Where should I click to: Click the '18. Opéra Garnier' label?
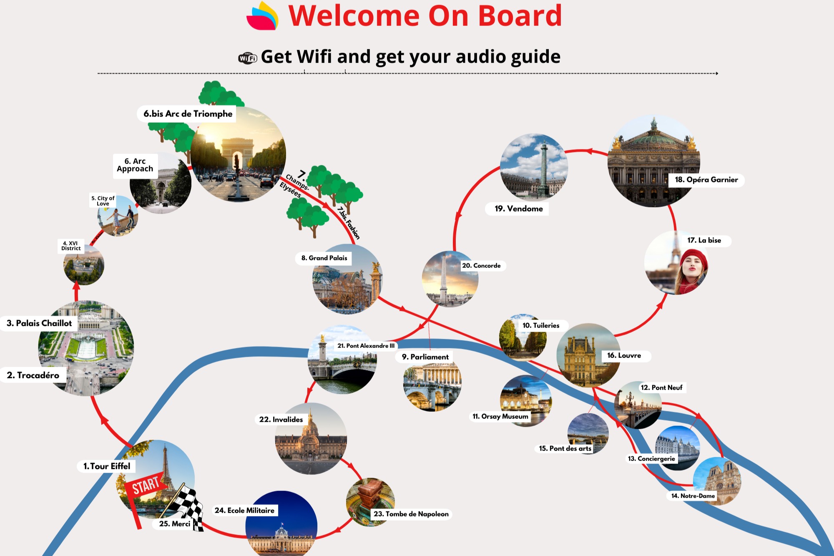[x=706, y=180]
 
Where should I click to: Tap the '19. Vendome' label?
[x=518, y=209]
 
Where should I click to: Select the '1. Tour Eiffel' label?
[x=106, y=466]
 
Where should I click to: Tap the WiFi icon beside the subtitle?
[x=247, y=58]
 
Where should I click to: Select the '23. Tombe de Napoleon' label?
[x=411, y=514]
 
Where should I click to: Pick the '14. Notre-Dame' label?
[x=693, y=496]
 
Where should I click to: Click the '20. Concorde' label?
[x=481, y=266]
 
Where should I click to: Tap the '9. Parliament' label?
[x=425, y=357]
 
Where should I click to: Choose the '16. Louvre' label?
[x=624, y=355]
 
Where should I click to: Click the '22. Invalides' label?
[x=281, y=419]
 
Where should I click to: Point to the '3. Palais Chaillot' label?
[x=39, y=323]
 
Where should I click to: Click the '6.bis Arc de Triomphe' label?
[x=188, y=114]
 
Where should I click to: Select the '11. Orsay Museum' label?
[x=500, y=416]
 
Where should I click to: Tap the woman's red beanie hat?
[x=693, y=259]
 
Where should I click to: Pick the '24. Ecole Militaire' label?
[x=244, y=510]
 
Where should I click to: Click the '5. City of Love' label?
[x=103, y=201]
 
